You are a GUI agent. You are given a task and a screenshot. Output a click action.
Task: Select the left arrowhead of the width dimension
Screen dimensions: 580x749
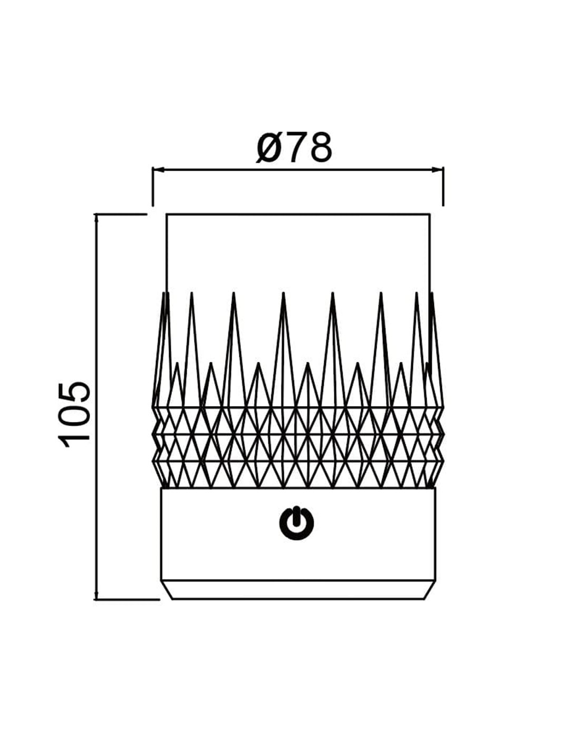pyautogui.click(x=157, y=169)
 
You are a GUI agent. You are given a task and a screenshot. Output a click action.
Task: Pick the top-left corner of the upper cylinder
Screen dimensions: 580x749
pyautogui.click(x=167, y=214)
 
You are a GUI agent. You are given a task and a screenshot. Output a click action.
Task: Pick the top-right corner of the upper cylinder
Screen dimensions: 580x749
pyautogui.click(x=430, y=214)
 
